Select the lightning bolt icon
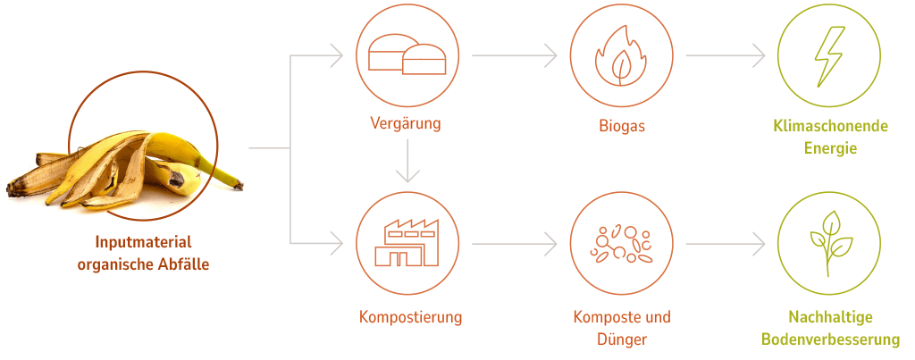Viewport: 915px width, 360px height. coord(829,55)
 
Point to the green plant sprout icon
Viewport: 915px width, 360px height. coord(829,242)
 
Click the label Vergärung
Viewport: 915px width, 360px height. coord(406,123)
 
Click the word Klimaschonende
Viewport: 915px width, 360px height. coord(830,126)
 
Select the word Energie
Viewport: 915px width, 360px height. coord(829,148)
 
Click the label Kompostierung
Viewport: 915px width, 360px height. coord(410,317)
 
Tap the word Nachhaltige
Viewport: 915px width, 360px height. coord(830,317)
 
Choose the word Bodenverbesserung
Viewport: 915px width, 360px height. coord(830,339)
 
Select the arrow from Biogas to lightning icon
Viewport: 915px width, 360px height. coord(725,55)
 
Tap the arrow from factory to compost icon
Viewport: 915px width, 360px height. coord(514,242)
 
